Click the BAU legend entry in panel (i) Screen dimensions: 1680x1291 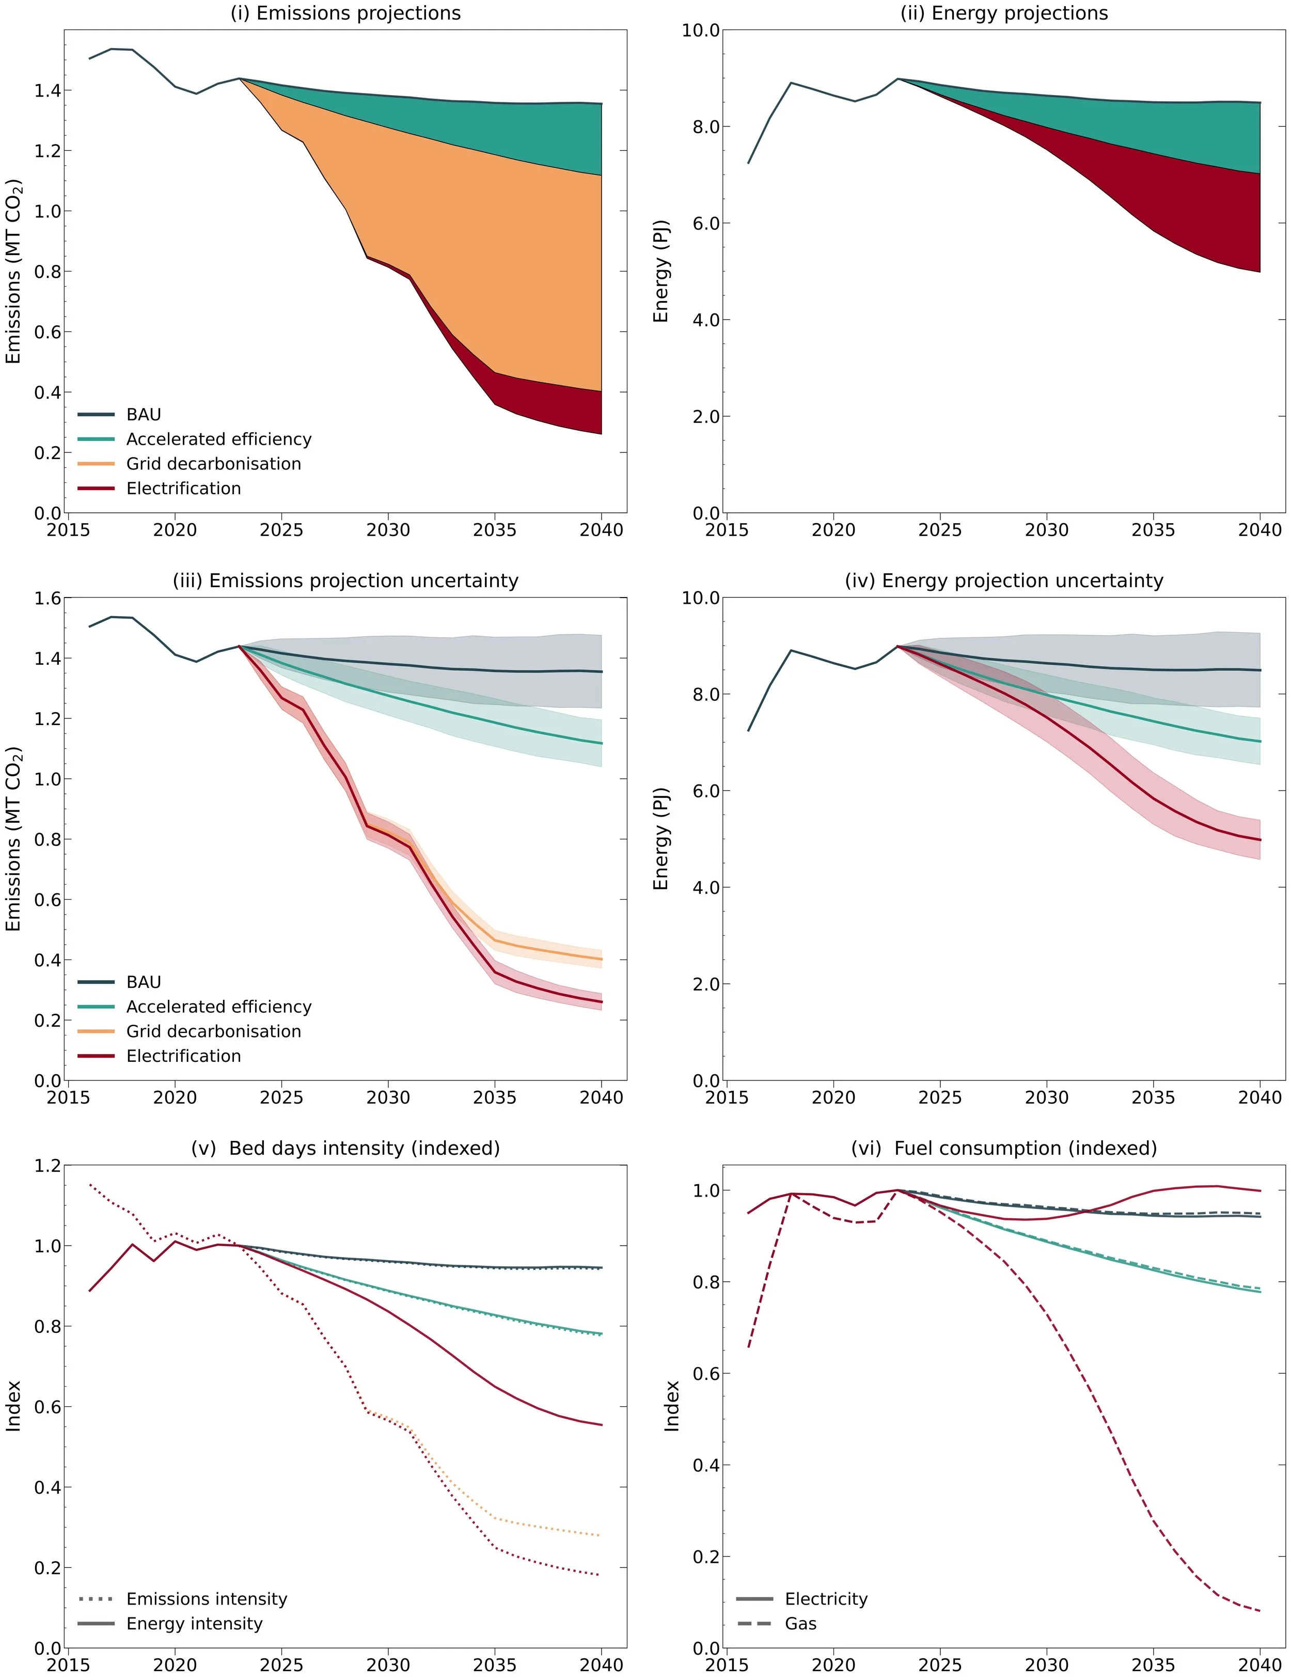[144, 415]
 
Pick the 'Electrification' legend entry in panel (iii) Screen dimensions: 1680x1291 [184, 1056]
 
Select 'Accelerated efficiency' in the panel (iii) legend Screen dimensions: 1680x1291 [219, 1007]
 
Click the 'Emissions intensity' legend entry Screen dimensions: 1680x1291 [207, 1599]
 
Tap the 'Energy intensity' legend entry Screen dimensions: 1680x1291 [194, 1624]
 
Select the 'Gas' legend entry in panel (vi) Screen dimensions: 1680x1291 [801, 1624]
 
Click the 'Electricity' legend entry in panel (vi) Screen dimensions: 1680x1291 [826, 1599]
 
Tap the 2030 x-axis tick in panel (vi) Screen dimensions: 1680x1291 [1047, 1665]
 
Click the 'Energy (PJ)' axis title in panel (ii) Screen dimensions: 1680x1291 [661, 271]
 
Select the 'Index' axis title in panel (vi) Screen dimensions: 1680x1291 [672, 1406]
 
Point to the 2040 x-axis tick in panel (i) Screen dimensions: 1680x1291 [601, 530]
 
